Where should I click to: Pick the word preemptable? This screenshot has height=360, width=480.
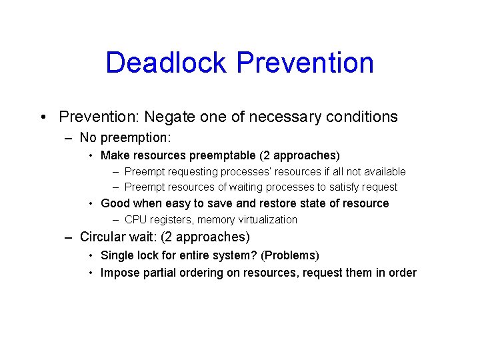[x=223, y=155]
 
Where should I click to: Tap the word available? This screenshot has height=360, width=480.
[x=382, y=171]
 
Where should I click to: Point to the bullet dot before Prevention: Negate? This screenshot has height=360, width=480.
[x=42, y=117]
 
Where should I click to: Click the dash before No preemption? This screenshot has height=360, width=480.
[x=69, y=138]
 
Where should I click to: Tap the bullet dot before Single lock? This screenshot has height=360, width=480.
[x=91, y=255]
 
